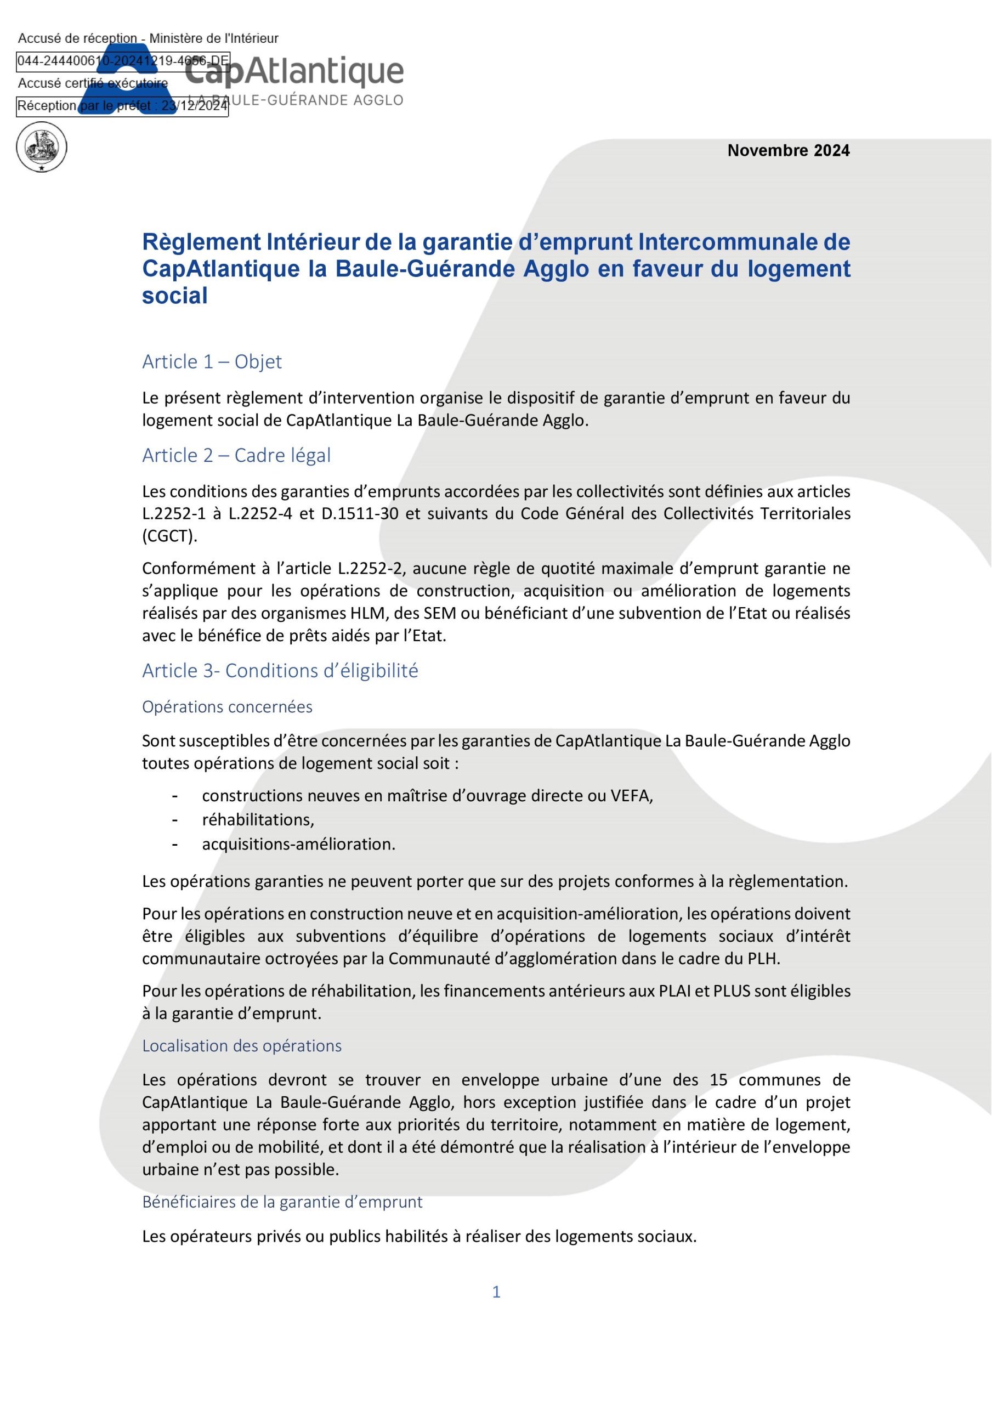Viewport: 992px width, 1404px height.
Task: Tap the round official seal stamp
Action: (x=42, y=148)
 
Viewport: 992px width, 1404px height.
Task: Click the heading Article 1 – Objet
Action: (x=212, y=362)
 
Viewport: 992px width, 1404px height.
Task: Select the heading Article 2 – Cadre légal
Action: (x=236, y=456)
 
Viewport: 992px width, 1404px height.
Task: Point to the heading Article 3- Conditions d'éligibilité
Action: (x=280, y=671)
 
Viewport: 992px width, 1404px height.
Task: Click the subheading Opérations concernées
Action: (x=227, y=707)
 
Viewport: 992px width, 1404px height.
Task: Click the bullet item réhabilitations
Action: (x=258, y=819)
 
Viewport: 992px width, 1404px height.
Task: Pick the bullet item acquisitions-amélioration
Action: (x=298, y=844)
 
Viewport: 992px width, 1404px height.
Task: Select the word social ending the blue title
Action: (x=175, y=296)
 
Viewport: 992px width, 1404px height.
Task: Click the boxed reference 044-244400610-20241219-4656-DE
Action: (x=122, y=61)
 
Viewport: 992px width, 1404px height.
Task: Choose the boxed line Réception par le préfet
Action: (x=122, y=106)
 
